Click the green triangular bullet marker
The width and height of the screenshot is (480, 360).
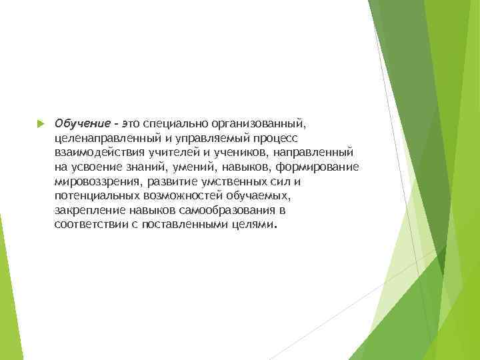(40, 123)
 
